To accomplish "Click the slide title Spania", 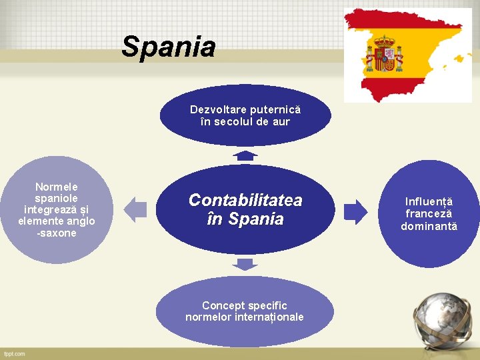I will coord(169,47).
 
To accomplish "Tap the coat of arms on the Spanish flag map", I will coord(384,55).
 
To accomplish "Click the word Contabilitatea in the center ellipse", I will coord(245,200).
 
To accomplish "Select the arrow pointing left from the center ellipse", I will coord(136,210).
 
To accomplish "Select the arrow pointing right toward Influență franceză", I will coord(355,211).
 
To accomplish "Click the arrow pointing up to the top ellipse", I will coord(245,155).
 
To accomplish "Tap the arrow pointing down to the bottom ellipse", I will coord(245,264).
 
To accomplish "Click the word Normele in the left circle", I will coord(57,187).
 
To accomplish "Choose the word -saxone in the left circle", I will coord(57,233).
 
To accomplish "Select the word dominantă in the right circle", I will coord(429,227).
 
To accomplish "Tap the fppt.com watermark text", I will coord(14,353).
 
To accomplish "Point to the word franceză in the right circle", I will coord(429,214).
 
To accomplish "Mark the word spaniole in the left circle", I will coord(57,198).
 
